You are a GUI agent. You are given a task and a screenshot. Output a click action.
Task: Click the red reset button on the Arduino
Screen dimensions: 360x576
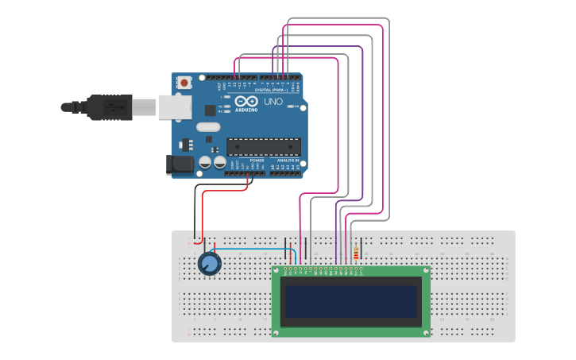[185, 82]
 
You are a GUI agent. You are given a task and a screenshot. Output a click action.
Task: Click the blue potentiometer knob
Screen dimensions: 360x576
[209, 265]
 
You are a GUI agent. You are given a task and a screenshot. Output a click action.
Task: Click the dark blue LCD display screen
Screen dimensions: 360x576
[351, 300]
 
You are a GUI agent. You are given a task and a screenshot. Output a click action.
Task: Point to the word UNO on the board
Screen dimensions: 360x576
[273, 103]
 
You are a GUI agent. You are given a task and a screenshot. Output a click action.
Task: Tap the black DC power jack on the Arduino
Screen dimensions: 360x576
[179, 165]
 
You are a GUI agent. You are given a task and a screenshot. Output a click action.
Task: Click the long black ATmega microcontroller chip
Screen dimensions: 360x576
[264, 145]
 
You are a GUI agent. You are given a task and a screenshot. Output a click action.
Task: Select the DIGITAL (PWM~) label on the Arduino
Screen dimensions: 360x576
[272, 91]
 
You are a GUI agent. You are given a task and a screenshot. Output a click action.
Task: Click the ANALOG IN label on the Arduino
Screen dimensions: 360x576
[287, 161]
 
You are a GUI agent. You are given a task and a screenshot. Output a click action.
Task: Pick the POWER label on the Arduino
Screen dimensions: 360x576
[257, 161]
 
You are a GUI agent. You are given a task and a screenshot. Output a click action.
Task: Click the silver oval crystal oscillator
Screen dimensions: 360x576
[207, 127]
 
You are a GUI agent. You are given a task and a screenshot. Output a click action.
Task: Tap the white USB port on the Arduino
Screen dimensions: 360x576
[171, 106]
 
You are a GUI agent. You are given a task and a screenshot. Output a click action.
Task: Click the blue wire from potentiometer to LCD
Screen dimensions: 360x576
[254, 250]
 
